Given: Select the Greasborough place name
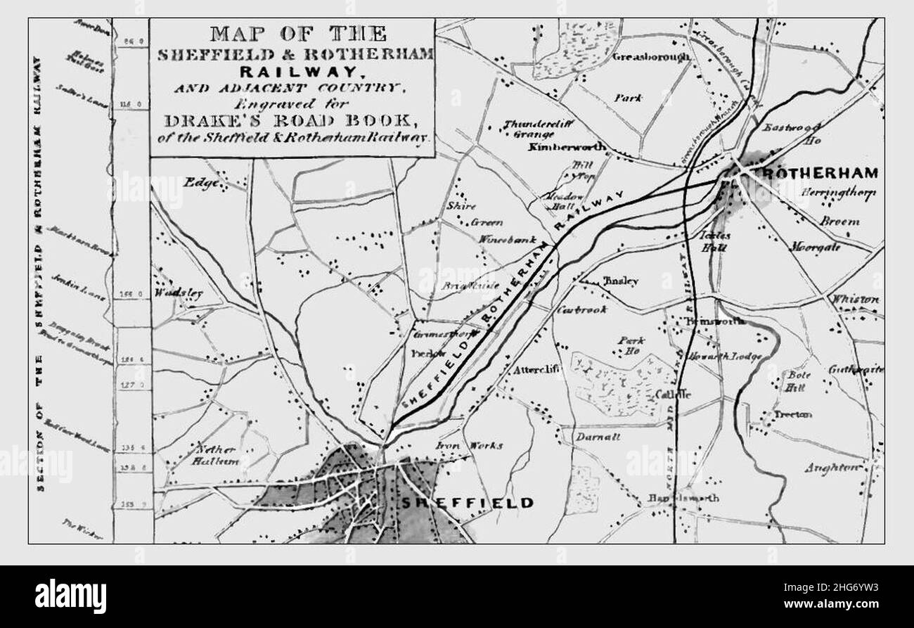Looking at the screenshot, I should coord(650,57).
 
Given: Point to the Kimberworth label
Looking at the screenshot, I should coord(558,148).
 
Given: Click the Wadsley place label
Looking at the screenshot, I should coord(179,293).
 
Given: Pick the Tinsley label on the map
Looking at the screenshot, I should coord(620,281).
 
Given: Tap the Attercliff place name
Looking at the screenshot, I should coord(539,370).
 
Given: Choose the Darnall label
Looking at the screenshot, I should coord(598,436).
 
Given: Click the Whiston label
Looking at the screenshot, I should coord(854,300).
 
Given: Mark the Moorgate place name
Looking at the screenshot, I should coord(815,248).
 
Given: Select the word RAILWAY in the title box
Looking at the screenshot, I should coord(292,71).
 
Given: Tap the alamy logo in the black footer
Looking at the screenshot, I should coord(70,596).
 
